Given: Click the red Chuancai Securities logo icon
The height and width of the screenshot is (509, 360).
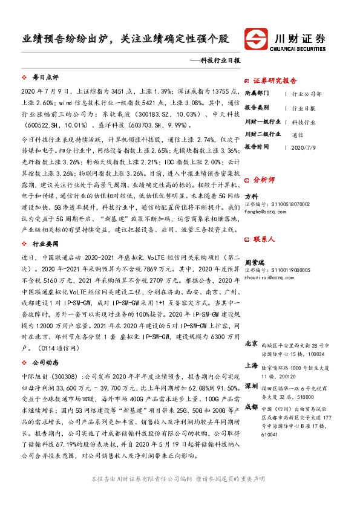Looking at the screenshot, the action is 258,39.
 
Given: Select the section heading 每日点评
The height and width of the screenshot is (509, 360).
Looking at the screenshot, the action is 45,78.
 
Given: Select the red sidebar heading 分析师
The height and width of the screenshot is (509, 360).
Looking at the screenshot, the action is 264,180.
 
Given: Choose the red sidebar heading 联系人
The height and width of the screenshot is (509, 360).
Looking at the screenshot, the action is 264,239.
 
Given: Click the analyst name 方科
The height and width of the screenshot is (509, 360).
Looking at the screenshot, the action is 251,196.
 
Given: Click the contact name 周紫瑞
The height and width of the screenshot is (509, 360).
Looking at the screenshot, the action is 255,262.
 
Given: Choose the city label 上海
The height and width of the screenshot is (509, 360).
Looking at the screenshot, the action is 252,366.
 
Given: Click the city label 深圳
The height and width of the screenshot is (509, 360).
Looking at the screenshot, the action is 252,385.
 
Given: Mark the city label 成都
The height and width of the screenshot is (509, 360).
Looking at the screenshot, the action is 252,406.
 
